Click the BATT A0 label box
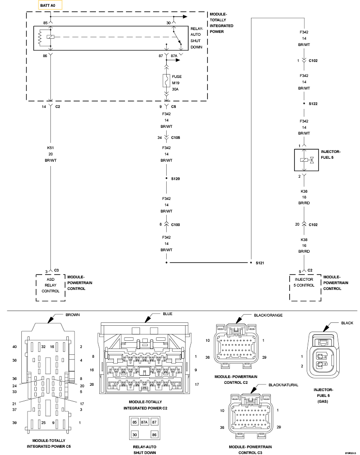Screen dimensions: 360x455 click(x=50, y=5)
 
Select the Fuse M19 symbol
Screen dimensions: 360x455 click(x=166, y=81)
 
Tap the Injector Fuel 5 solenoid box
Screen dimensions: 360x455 click(x=306, y=160)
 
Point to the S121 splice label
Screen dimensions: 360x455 click(x=260, y=263)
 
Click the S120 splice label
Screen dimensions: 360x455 click(x=175, y=179)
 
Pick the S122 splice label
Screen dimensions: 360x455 click(x=313, y=104)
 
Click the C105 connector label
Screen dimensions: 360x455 click(x=175, y=137)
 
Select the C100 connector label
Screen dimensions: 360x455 click(x=175, y=225)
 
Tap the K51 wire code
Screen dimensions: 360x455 click(x=50, y=148)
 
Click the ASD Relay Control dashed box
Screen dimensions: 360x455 click(x=50, y=288)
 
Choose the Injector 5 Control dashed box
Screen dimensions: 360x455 click(x=305, y=288)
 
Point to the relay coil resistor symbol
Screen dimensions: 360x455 click(x=40, y=37)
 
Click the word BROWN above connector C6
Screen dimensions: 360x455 click(x=73, y=315)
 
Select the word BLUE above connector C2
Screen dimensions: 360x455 click(x=168, y=314)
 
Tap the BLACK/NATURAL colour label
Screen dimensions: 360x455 click(x=283, y=385)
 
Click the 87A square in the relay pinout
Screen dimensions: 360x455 click(x=144, y=422)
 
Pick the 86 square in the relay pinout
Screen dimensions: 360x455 click(x=154, y=435)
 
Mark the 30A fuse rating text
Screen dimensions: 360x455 click(x=175, y=90)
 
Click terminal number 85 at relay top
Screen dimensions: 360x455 click(x=45, y=23)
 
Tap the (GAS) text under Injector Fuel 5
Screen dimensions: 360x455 click(x=323, y=402)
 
